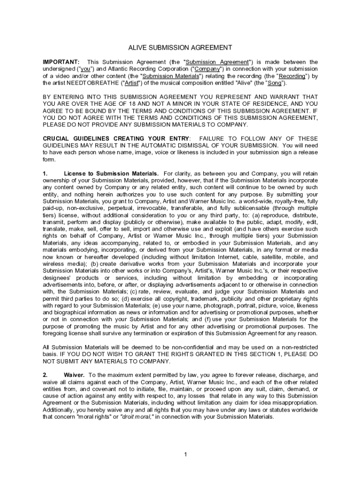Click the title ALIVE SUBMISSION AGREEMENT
pyautogui.click(x=180, y=48)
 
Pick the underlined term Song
pyautogui.click(x=274, y=83)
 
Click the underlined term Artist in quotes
pyautogui.click(x=131, y=83)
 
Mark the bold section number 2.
pyautogui.click(x=45, y=375)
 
